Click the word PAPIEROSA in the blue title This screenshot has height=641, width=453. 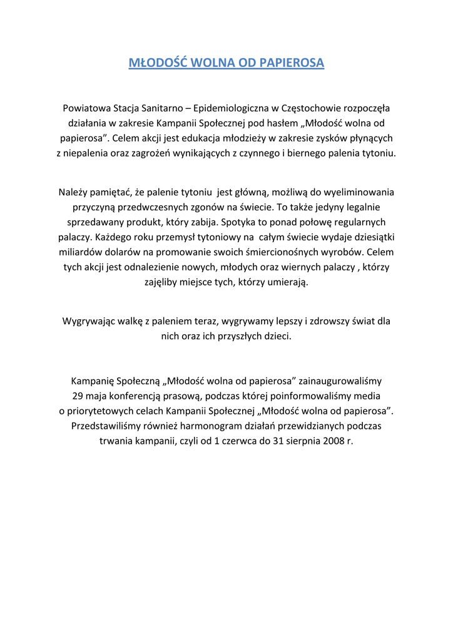coord(292,63)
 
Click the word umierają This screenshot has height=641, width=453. coord(287,282)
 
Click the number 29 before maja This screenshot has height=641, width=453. coord(78,396)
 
